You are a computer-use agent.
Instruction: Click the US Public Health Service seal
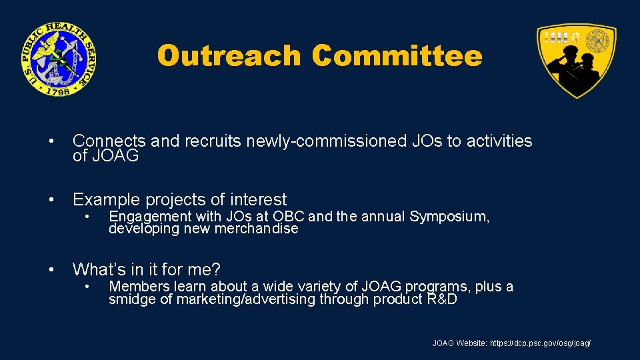tap(57, 59)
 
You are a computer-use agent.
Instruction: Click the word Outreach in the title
tap(229, 56)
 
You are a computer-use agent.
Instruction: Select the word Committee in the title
tap(397, 56)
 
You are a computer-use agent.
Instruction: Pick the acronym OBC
tap(289, 216)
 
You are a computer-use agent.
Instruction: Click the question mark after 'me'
tap(216, 269)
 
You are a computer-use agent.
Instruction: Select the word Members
tap(137, 287)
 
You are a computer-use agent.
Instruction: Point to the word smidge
tap(131, 299)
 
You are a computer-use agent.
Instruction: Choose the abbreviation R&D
tap(441, 299)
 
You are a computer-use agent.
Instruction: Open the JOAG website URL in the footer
tap(540, 343)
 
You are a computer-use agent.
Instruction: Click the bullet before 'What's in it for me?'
tap(51, 270)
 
